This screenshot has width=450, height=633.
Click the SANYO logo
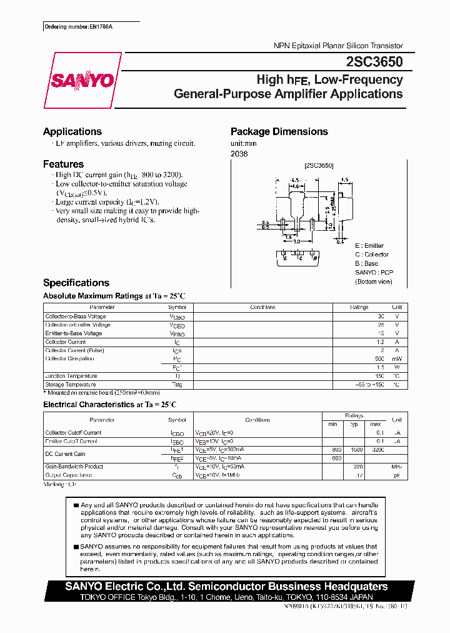click(x=82, y=80)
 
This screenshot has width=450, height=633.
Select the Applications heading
click(x=72, y=131)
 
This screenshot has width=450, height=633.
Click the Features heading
click(x=63, y=164)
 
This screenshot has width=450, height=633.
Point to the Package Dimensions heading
click(x=279, y=131)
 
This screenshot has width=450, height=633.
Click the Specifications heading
click(x=76, y=283)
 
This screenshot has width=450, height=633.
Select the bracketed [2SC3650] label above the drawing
click(x=319, y=166)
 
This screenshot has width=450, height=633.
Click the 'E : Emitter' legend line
click(x=369, y=246)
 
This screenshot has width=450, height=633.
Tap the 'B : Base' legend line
click(x=367, y=263)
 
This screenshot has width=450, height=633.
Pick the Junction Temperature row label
click(x=71, y=376)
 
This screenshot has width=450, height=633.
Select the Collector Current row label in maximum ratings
click(x=66, y=342)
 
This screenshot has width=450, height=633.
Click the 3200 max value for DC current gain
click(x=378, y=450)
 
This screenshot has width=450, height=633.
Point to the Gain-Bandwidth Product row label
click(x=74, y=467)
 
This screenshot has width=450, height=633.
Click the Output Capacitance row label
click(x=69, y=475)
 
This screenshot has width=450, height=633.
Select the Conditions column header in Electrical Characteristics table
click(x=257, y=420)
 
